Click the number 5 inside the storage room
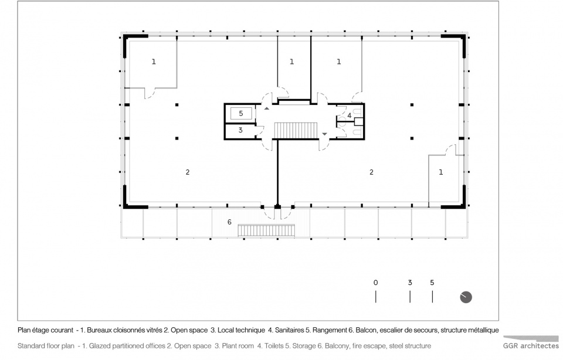coord(241,113)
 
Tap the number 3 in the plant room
coord(240,130)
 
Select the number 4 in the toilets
coord(349,116)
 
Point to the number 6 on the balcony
coord(229,222)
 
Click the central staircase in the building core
coord(296,130)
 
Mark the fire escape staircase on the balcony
coord(266,230)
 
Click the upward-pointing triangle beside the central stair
coord(267,108)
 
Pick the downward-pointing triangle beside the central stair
coord(324,134)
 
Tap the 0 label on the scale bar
coord(375,283)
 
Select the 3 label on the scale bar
coord(410,283)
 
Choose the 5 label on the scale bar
coord(432,283)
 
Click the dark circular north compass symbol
coord(466,297)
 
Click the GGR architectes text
coord(531,346)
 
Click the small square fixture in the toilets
coord(358,122)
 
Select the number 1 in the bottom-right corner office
coord(441,172)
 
